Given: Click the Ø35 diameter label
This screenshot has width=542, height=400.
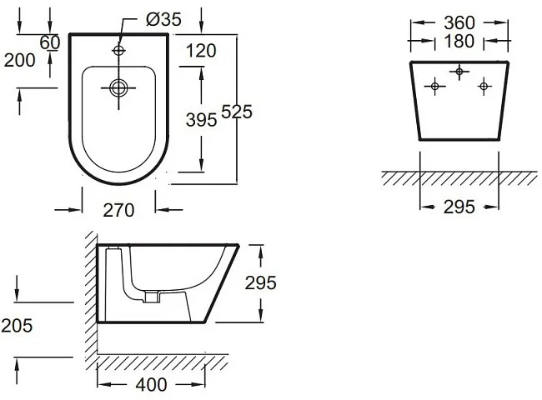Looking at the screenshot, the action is tap(163, 19).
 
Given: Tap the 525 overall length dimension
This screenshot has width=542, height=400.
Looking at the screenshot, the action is tap(237, 112).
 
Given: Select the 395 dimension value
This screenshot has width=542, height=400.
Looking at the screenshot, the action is tap(201, 120).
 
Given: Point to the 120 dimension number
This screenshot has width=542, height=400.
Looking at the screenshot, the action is tap(201, 51).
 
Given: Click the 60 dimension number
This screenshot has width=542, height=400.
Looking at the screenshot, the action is tap(50, 42).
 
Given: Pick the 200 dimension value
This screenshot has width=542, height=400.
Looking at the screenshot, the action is tap(20, 60).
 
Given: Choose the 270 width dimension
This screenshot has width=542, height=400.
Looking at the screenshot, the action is tap(118, 210).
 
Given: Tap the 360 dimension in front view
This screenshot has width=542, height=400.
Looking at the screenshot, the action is tap(459, 22).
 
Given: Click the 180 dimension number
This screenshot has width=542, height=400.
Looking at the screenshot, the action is tap(459, 41).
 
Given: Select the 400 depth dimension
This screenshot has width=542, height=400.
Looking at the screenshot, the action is tap(151, 384).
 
